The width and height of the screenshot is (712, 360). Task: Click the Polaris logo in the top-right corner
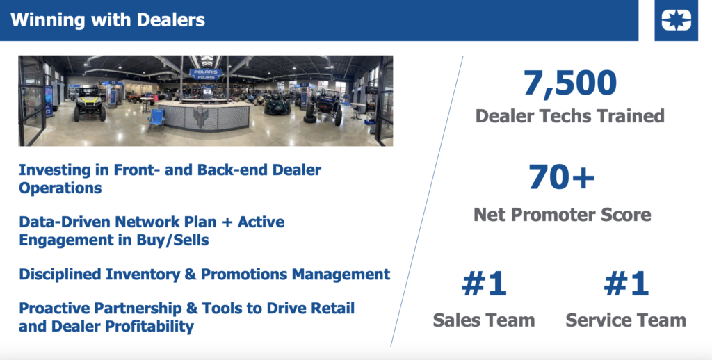point(676,20)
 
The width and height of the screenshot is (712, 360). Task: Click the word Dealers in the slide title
point(171,20)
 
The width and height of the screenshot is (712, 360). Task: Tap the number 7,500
point(570,83)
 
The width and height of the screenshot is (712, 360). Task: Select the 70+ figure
point(562,177)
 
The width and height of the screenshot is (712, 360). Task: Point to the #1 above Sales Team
point(484,284)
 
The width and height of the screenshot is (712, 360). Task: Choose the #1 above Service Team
point(626,284)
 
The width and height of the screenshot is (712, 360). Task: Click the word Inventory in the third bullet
point(151,275)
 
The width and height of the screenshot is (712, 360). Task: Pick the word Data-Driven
point(65,222)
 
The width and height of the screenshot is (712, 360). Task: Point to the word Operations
point(60,188)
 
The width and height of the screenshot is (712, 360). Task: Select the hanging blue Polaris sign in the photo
point(206,74)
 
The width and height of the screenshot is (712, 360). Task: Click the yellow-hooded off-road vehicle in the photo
point(90,104)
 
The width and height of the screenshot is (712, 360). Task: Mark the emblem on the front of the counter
point(200,117)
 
